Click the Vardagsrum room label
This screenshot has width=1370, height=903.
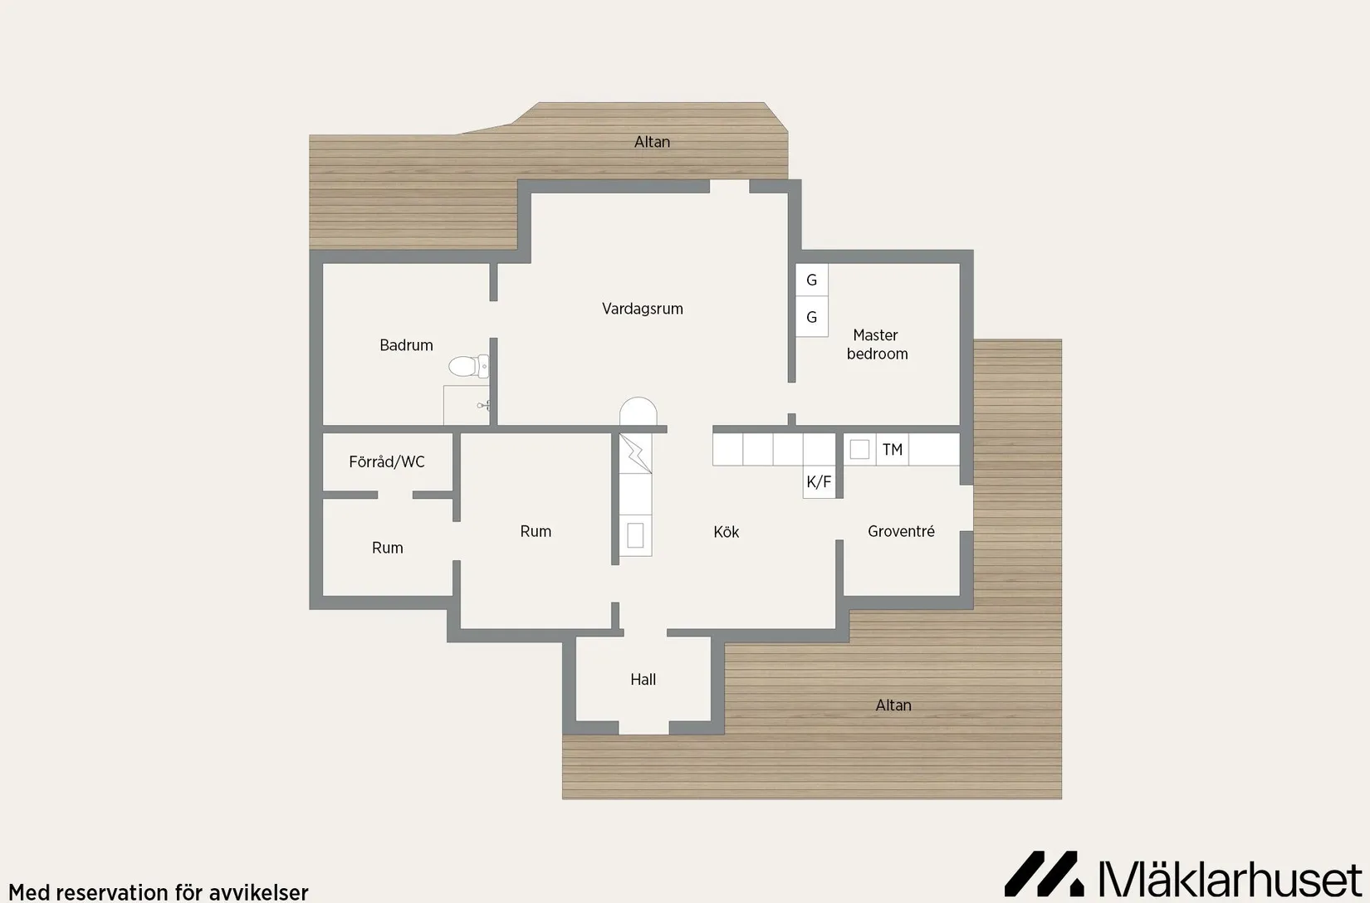(x=642, y=309)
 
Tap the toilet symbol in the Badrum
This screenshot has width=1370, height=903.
(x=468, y=366)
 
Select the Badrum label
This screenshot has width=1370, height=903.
(x=406, y=345)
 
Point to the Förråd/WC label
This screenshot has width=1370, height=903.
(x=387, y=461)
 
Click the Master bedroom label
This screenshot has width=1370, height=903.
(x=877, y=344)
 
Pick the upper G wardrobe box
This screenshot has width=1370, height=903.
(x=811, y=280)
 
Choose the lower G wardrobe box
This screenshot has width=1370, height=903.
(x=811, y=317)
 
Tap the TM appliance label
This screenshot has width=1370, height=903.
(x=893, y=450)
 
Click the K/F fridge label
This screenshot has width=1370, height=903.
(x=819, y=481)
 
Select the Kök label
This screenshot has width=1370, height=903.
(x=726, y=532)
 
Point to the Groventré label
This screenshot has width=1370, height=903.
(x=901, y=531)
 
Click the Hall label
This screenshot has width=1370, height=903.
(x=643, y=679)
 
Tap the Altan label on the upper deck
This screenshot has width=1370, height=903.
(x=652, y=142)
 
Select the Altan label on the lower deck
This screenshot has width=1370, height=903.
(x=893, y=705)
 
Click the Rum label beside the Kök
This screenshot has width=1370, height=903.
(x=536, y=531)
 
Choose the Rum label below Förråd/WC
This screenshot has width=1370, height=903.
(x=387, y=548)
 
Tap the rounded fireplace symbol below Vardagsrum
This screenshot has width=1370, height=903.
(x=638, y=411)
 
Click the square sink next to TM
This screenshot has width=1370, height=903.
(x=859, y=449)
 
